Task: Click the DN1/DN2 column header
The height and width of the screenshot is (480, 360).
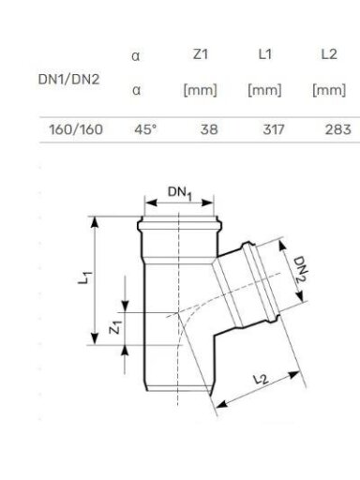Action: (x=68, y=80)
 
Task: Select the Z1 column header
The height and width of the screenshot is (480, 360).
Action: (x=201, y=54)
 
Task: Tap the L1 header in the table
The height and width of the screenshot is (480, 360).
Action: (x=265, y=54)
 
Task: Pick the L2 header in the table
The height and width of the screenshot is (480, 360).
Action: (x=329, y=54)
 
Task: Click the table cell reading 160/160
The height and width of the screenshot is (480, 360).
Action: (x=76, y=129)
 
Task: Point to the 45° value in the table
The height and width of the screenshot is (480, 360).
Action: (x=145, y=129)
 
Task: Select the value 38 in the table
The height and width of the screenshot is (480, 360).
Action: (x=209, y=129)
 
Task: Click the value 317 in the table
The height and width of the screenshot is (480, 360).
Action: (x=274, y=129)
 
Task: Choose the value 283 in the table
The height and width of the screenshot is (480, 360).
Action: (x=338, y=129)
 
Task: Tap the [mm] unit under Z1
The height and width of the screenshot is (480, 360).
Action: (x=200, y=90)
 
